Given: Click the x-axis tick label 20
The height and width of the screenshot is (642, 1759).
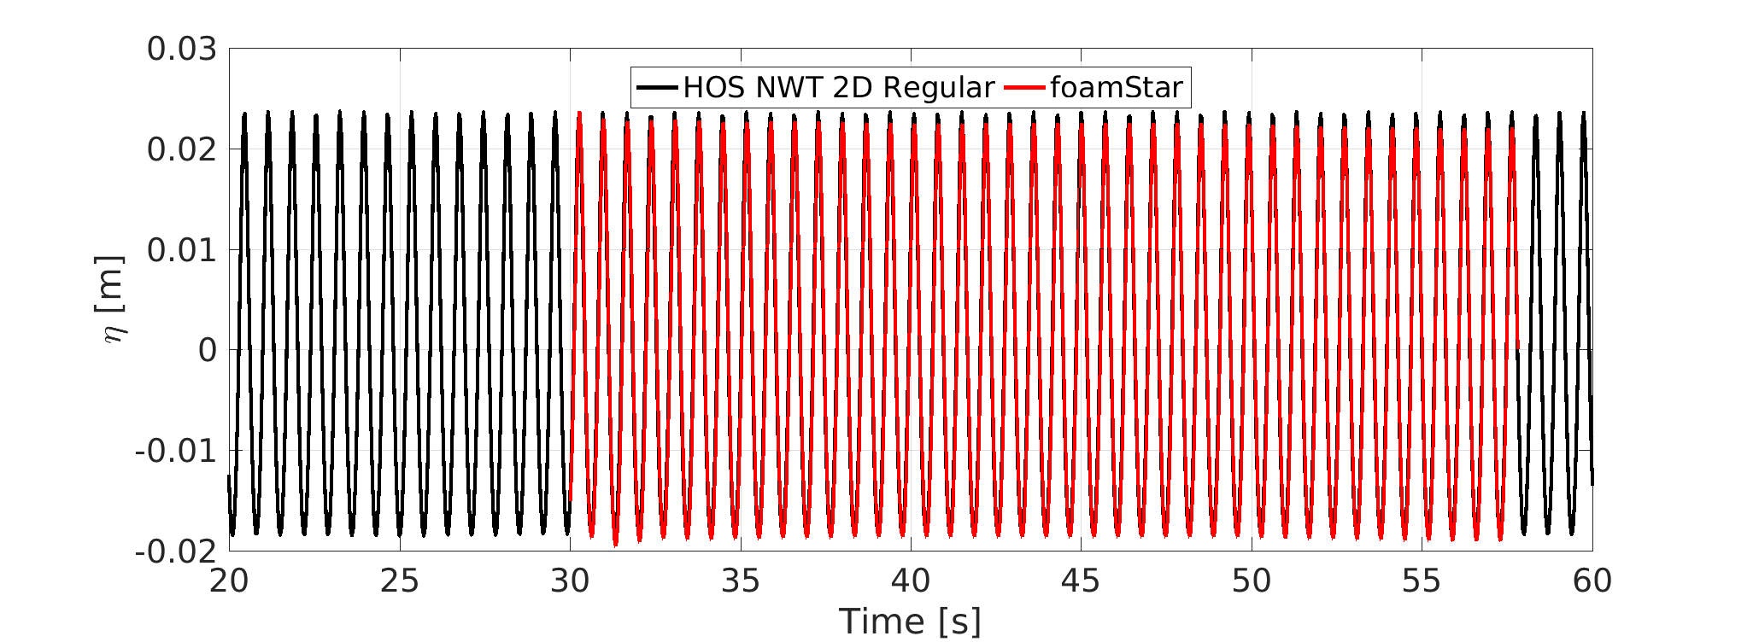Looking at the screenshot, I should [229, 581].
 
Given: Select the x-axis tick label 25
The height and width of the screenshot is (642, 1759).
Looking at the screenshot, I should [400, 581].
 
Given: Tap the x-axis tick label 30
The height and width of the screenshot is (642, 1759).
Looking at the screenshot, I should [570, 581].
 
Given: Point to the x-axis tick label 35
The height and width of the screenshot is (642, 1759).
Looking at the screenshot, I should [741, 581].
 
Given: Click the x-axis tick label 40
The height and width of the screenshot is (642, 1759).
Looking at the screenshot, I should [911, 581].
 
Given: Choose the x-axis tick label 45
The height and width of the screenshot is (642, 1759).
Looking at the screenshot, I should [1081, 581].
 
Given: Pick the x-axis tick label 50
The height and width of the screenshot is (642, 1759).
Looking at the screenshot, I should [1252, 581].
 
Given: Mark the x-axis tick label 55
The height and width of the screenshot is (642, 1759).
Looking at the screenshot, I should [1422, 581].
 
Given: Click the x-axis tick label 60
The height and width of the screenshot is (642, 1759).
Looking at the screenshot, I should [1592, 581].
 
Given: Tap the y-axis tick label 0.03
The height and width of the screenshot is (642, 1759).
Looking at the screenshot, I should [182, 50].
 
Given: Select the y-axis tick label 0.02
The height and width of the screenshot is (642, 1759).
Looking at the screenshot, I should [182, 150].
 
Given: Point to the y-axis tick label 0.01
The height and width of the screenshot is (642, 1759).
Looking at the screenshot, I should [182, 250].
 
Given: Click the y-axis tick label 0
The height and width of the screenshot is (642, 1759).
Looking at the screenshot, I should [208, 350].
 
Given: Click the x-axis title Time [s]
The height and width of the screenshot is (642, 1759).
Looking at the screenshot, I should [910, 622].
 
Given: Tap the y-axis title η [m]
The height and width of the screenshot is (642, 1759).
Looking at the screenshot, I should [113, 300].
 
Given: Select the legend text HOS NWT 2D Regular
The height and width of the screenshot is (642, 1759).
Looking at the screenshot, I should [839, 87].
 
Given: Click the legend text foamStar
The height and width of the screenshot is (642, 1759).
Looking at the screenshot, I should [1117, 87].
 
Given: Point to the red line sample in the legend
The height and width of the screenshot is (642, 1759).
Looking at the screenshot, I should [1024, 87].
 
